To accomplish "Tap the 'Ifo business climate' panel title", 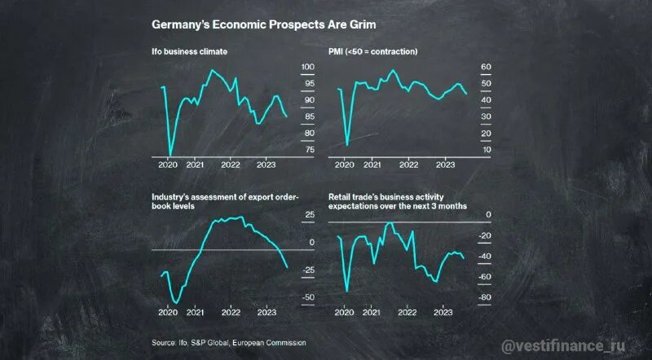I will click(189, 52).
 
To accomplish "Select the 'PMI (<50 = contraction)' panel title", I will click(373, 52).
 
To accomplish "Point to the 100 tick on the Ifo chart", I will click(308, 67).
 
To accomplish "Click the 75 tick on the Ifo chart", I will click(308, 151).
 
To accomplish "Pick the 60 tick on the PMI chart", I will click(486, 67).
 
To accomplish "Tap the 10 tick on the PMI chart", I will click(486, 151).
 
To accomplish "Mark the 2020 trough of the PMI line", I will click(347, 145).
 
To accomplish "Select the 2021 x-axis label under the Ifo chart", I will click(196, 165).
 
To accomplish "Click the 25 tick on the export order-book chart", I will click(309, 215).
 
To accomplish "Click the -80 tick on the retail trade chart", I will click(484, 298).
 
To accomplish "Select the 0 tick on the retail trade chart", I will click(488, 215).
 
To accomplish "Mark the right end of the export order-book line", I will click(288, 267).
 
